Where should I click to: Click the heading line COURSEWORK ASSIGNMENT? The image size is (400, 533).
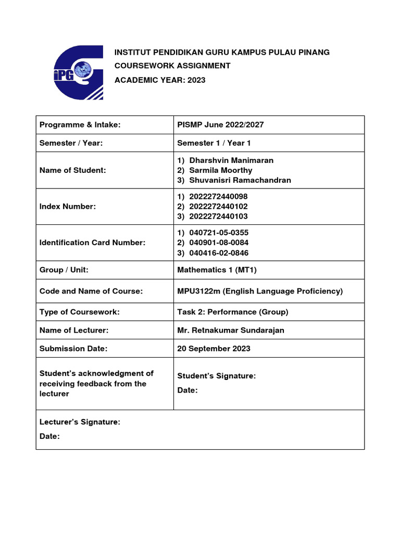pyautogui.click(x=172, y=66)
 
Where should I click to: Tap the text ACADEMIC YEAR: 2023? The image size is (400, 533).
pyautogui.click(x=160, y=80)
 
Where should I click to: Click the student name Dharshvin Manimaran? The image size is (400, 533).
pyautogui.click(x=231, y=160)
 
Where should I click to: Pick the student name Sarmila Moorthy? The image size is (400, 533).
pyautogui.click(x=221, y=170)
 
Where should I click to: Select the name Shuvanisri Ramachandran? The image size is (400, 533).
pyautogui.click(x=240, y=180)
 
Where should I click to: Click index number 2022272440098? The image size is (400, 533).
pyautogui.click(x=219, y=196)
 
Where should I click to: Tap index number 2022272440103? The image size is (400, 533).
pyautogui.click(x=219, y=216)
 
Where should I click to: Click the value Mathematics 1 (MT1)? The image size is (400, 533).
pyautogui.click(x=217, y=270)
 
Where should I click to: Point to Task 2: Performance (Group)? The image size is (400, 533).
pyautogui.click(x=233, y=312)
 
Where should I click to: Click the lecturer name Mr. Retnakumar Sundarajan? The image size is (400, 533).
pyautogui.click(x=231, y=330)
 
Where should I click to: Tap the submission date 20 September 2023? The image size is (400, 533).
pyautogui.click(x=214, y=348)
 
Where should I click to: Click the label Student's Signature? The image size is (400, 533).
pyautogui.click(x=217, y=376)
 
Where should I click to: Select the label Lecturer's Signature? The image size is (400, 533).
pyautogui.click(x=80, y=422)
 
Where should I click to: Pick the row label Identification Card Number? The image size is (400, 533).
pyautogui.click(x=92, y=243)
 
